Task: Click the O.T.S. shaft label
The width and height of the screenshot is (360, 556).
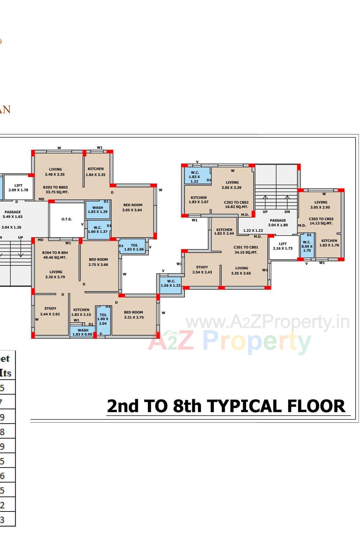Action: coord(66,219)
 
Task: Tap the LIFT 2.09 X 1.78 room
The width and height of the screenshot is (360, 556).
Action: coord(18,188)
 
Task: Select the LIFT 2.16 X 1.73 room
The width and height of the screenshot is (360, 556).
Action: coord(283,246)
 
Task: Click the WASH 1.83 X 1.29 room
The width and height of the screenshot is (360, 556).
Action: coord(98,210)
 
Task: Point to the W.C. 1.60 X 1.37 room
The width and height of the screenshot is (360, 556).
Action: coord(98,229)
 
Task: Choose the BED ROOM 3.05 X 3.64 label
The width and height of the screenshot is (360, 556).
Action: coord(133,207)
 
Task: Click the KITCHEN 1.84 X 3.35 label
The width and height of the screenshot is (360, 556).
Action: coord(96,172)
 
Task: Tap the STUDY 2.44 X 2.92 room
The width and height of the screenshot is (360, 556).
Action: coord(50,311)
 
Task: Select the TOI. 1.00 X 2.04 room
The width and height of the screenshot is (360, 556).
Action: coord(103,319)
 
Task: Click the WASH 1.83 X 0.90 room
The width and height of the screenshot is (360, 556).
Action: coord(82,332)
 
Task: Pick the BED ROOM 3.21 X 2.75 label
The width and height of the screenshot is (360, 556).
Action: coord(134,315)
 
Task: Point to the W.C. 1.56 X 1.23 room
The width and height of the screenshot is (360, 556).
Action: coord(171,283)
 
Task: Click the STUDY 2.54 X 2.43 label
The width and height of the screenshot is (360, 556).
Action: coord(202,270)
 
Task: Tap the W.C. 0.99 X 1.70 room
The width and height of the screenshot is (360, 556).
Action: coord(307,246)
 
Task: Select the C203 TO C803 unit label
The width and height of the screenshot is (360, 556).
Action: coord(321,221)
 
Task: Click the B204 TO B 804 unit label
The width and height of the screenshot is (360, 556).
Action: coord(55,255)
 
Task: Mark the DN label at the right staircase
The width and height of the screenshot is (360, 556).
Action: coord(287,212)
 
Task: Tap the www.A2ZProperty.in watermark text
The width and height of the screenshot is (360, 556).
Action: coord(267,322)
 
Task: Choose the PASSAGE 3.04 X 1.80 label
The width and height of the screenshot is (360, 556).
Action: coord(278,223)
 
